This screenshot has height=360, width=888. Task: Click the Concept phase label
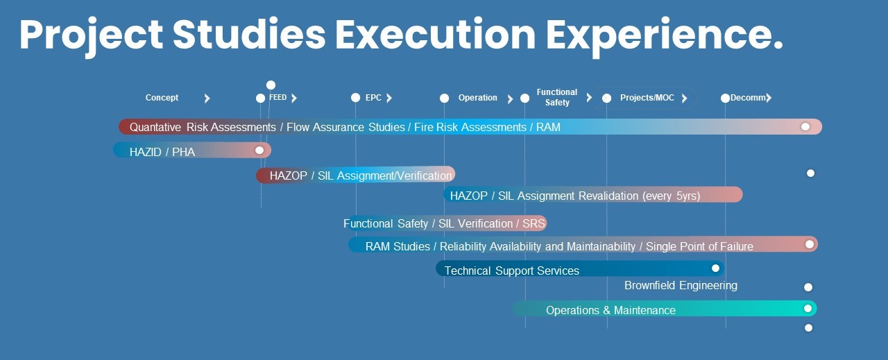[162, 98]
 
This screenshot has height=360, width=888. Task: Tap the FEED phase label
[277, 98]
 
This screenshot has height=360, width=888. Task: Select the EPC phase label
[373, 98]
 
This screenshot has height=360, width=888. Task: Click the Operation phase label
[478, 98]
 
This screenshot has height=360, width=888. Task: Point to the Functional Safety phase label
[557, 97]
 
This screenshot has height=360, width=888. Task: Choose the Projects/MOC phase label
[647, 98]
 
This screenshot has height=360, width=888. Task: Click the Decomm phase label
[748, 98]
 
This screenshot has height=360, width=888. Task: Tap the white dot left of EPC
[356, 98]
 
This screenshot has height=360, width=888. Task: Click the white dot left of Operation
[445, 98]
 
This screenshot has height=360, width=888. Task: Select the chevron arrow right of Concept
[207, 98]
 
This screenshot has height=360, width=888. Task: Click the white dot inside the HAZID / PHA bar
[259, 151]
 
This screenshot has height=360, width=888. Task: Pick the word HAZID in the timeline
[145, 152]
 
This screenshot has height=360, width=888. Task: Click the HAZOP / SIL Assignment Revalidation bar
[593, 195]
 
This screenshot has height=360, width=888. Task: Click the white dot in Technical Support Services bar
[715, 268]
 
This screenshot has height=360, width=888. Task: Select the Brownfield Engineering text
[681, 286]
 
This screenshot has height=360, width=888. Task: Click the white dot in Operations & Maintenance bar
[808, 309]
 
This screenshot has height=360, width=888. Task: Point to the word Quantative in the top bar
[155, 127]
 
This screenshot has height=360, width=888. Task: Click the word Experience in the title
[665, 35]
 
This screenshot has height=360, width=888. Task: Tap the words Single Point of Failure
[700, 247]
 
